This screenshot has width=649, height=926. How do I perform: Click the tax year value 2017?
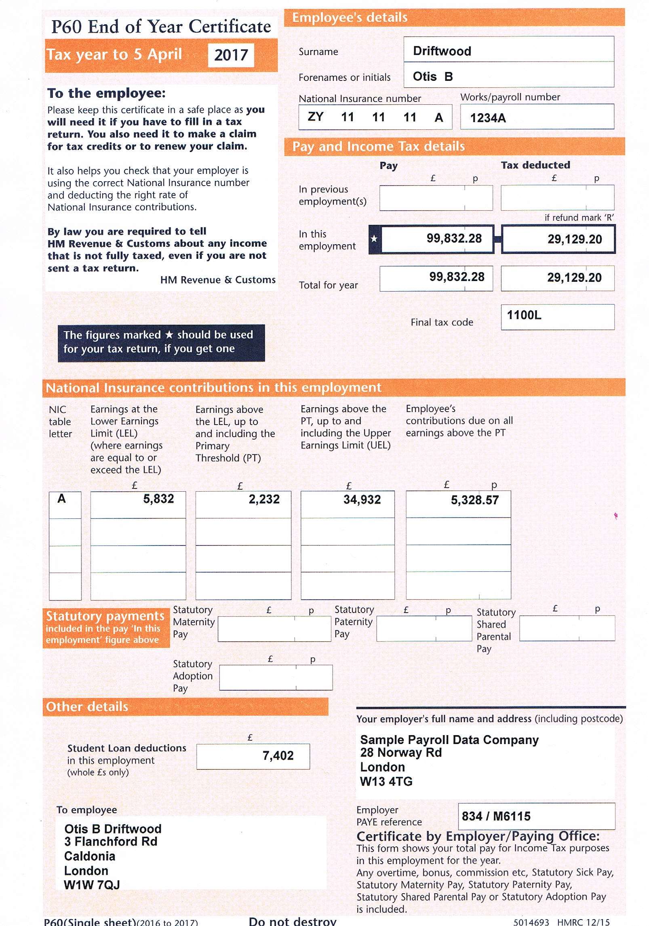pos(231,55)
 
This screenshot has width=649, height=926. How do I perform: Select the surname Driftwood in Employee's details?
pos(442,51)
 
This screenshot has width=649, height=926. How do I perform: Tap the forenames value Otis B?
pos(432,76)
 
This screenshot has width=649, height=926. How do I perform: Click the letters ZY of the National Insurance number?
pos(315,117)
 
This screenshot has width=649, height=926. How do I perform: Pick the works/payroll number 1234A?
pos(487,118)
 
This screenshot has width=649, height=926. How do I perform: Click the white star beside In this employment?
pos(374,239)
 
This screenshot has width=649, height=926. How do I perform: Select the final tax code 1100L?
pos(524,315)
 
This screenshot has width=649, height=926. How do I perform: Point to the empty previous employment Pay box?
pos(436,198)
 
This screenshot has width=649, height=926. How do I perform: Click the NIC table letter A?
pos(61,499)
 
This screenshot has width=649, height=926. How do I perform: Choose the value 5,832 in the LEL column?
pos(158,499)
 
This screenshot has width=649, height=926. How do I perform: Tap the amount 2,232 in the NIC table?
pos(264,499)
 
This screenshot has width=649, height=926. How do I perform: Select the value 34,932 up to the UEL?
pos(362,500)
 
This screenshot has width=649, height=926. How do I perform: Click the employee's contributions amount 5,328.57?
pos(474,500)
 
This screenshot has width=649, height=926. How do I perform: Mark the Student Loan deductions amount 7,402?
pos(278,755)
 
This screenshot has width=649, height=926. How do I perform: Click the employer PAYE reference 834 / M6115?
pos(496,816)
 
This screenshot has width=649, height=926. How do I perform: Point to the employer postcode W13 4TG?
pos(386,781)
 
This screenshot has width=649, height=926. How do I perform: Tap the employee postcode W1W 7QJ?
pos(92,885)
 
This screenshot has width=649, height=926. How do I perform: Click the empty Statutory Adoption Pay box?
pos(276,677)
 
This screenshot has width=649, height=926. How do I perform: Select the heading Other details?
pos(87,706)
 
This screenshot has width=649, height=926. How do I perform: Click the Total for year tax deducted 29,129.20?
pos(574,277)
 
